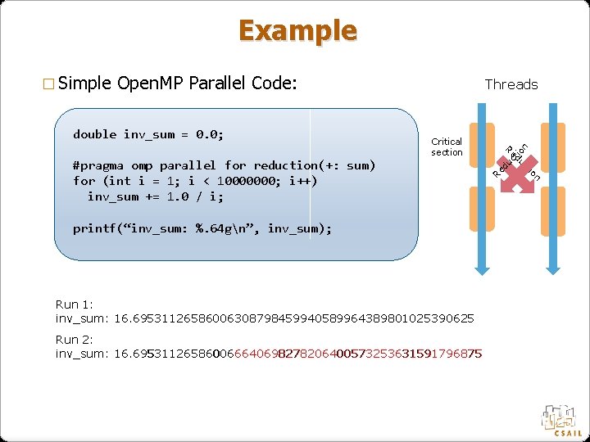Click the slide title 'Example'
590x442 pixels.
pos(297,30)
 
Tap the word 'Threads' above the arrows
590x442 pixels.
pos(511,84)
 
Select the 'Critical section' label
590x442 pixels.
pos(447,147)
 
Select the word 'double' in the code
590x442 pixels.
pos(94,133)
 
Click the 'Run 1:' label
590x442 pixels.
pos(73,304)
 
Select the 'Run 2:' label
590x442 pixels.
pos(73,340)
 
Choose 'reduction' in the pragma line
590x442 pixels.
pos(288,165)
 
